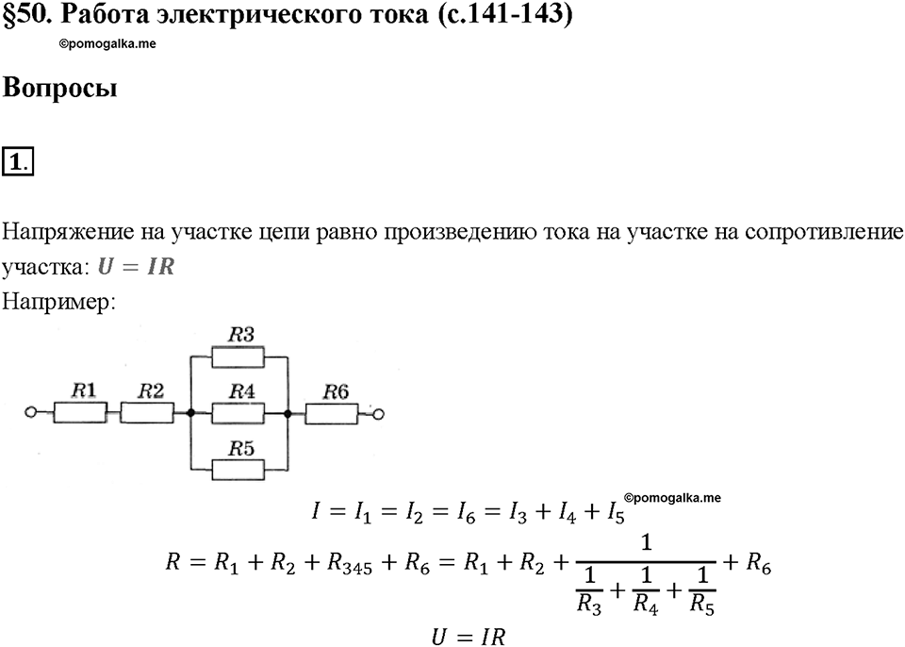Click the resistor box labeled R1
click(80, 413)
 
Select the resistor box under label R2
click(147, 413)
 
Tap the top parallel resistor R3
click(238, 357)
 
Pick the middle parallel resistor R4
click(238, 414)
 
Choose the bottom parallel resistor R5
click(238, 470)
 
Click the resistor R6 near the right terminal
click(331, 414)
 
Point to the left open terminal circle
click(31, 412)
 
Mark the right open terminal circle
click(379, 414)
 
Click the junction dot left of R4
click(190, 413)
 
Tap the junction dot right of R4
click(287, 414)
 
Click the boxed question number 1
click(18, 161)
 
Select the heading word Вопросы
click(60, 89)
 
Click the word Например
click(58, 302)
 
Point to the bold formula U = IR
click(136, 266)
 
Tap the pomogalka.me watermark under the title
click(107, 44)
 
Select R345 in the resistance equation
click(349, 563)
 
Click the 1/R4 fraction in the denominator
click(646, 590)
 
